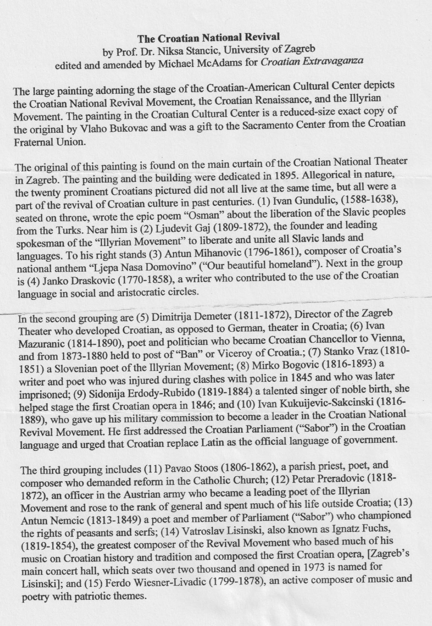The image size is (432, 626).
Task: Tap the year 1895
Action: [283, 176]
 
